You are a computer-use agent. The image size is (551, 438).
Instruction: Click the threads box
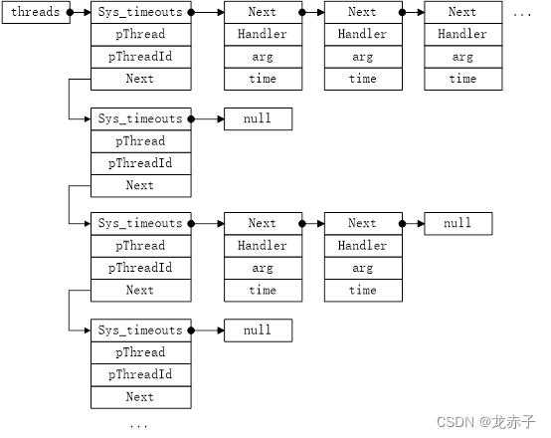(x=36, y=12)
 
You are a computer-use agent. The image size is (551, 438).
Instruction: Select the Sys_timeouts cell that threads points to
(x=141, y=12)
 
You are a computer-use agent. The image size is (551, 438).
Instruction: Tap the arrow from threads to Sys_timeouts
(x=81, y=12)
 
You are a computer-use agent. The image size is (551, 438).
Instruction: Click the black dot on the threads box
(x=71, y=12)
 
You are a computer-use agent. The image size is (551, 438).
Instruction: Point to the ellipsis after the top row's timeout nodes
(x=522, y=15)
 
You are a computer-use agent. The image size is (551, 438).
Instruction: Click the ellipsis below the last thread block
(x=138, y=426)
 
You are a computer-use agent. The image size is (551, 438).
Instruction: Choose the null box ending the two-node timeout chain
(x=459, y=223)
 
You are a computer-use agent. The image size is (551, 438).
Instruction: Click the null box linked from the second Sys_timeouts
(x=258, y=118)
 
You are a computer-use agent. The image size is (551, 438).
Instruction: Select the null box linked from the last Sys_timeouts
(x=258, y=330)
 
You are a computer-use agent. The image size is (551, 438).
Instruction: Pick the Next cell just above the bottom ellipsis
(x=141, y=397)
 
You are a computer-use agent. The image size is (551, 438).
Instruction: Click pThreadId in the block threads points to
(x=141, y=57)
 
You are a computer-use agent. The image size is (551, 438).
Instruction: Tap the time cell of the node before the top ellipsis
(x=463, y=79)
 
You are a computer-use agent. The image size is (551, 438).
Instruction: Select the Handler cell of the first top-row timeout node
(x=263, y=35)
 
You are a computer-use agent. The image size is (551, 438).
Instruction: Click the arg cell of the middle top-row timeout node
(x=363, y=57)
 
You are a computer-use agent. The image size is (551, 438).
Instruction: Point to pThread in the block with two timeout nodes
(x=141, y=246)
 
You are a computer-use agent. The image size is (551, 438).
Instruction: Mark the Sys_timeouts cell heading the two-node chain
(x=141, y=223)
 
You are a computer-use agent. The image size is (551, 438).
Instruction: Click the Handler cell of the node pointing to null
(x=363, y=246)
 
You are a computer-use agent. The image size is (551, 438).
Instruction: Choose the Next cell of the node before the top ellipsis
(x=463, y=12)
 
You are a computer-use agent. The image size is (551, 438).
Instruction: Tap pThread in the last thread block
(x=141, y=352)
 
